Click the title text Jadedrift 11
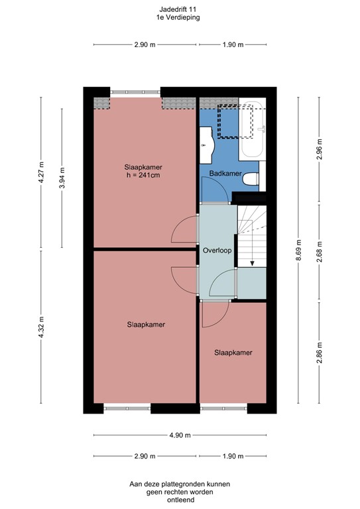pos(180,9)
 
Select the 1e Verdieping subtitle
pos(180,18)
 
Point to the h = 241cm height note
pos(144,176)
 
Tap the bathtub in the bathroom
pos(253,129)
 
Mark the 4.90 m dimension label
pos(180,435)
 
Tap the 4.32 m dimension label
pos(41,327)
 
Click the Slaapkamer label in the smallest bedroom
pos(233,353)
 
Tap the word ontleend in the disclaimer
pos(180,500)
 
